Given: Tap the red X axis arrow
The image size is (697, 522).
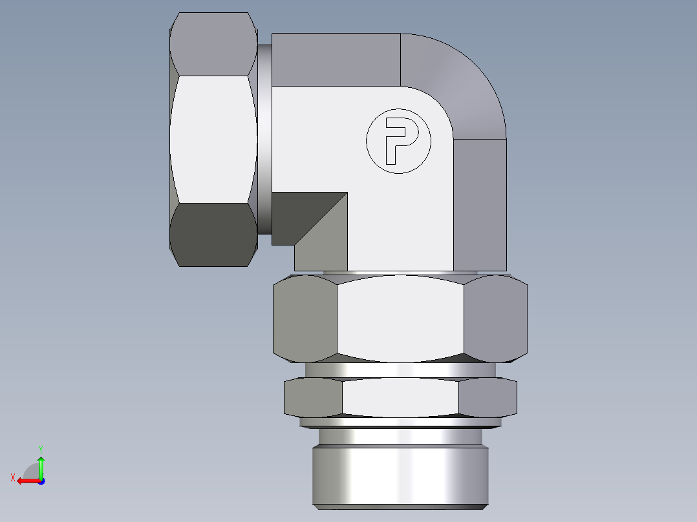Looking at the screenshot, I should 26,481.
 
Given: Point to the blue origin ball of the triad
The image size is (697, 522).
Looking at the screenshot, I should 41,481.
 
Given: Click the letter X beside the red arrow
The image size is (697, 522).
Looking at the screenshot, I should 12,477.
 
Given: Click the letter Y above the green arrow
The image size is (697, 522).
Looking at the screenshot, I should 40,448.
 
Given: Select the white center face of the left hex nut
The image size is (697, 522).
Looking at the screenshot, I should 212,139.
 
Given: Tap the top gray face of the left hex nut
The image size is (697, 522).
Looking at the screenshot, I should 212,44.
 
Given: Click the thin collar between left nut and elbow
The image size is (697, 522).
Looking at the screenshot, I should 264,139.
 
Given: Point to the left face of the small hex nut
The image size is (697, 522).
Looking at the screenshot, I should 313,397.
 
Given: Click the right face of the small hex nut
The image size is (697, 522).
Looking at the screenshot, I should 488,397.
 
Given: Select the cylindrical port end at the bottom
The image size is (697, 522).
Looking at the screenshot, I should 399,475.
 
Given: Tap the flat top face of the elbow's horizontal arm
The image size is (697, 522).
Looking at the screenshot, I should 336,59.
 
